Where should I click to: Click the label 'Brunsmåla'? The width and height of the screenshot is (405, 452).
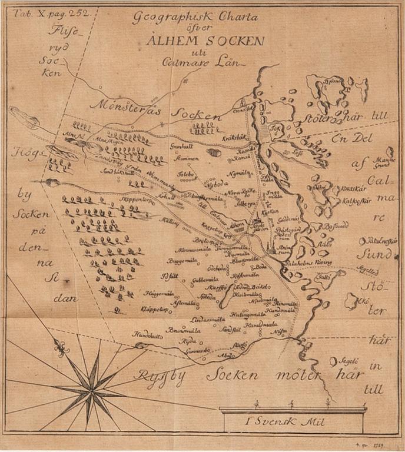[x=180, y=330]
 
